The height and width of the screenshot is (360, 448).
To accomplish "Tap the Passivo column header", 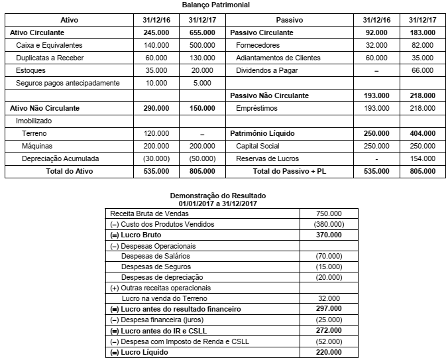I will (x=290, y=20).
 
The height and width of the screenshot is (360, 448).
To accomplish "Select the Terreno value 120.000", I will (x=156, y=133).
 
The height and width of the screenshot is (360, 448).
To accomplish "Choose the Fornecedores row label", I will (x=258, y=45).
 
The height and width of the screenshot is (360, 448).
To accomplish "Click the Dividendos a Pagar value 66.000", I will (x=423, y=70).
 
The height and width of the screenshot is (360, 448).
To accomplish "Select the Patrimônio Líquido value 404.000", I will (x=423, y=133).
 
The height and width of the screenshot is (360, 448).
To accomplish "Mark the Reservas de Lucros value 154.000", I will (x=423, y=159).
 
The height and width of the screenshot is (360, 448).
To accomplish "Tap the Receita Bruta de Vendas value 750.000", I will (x=329, y=213).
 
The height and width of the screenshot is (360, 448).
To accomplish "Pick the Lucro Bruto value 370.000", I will (x=329, y=235).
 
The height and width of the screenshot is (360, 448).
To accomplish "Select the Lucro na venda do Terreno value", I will (x=329, y=298).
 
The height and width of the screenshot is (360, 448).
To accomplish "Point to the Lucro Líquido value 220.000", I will (x=329, y=352).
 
